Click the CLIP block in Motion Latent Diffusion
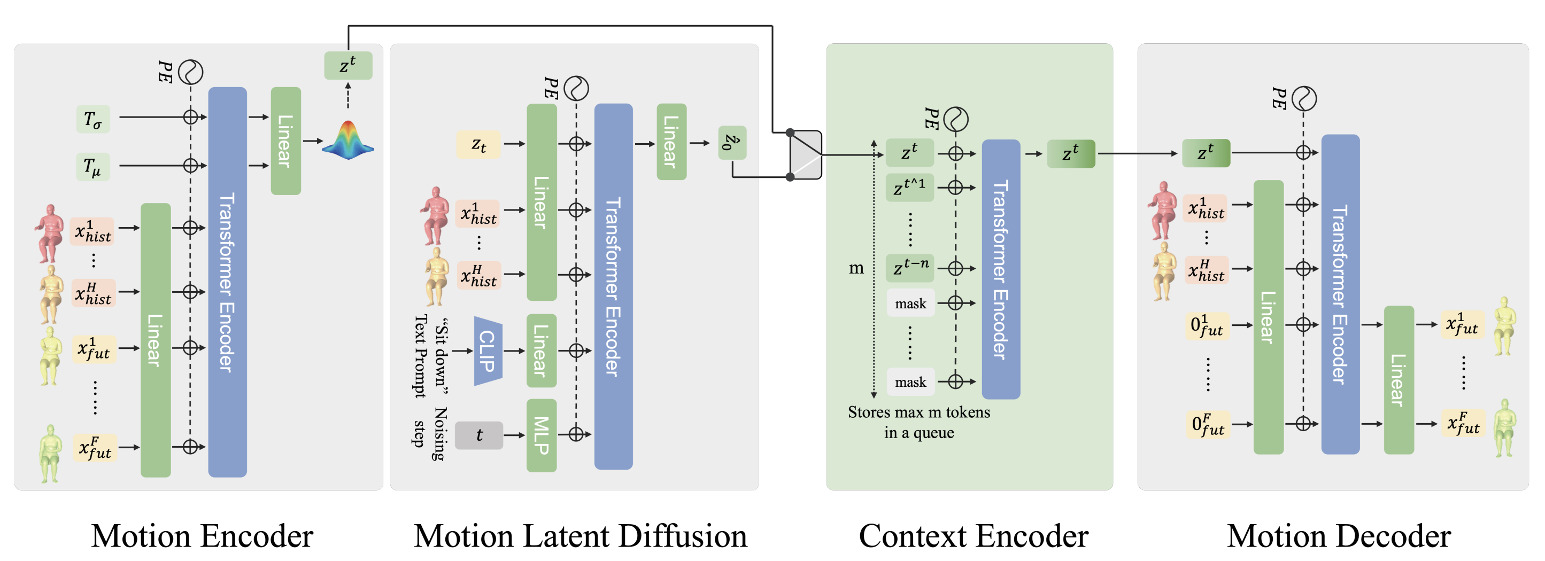(x=488, y=350)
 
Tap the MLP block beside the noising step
(x=542, y=435)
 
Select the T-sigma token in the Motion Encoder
(x=93, y=119)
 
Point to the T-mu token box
(x=93, y=166)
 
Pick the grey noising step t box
(x=478, y=435)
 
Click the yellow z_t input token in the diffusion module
(x=478, y=144)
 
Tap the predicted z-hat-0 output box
(x=732, y=143)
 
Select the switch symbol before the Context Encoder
(x=805, y=154)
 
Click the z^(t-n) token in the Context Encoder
(x=910, y=267)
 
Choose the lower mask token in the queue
(x=910, y=382)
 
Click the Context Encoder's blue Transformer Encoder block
(x=1000, y=269)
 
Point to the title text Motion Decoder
(x=1339, y=536)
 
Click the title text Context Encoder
(x=974, y=536)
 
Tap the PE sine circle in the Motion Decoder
(x=1304, y=98)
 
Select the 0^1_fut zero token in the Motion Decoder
(x=1207, y=325)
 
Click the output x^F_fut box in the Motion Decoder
(x=1463, y=424)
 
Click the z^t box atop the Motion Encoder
(x=348, y=65)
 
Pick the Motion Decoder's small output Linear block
(x=1399, y=380)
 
